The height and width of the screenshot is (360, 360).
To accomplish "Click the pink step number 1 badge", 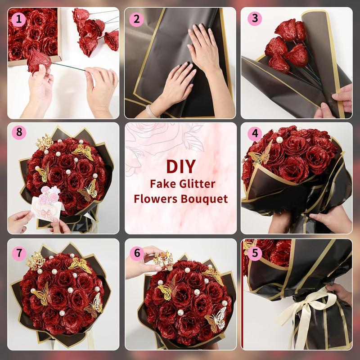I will (18, 18).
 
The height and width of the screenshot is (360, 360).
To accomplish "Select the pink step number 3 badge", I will (255, 18).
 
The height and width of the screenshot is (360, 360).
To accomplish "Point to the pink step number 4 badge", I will (255, 134).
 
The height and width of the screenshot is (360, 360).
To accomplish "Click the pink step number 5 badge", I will (255, 253).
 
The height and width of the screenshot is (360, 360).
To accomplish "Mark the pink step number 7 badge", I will (18, 253).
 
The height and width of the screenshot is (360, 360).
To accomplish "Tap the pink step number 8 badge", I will (18, 134).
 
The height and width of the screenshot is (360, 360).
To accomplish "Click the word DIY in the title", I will (180, 166).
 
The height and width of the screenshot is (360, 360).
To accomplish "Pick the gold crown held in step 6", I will (162, 259).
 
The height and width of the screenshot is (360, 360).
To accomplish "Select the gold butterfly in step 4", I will (261, 155).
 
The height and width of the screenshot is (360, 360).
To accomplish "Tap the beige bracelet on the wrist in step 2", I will (152, 110).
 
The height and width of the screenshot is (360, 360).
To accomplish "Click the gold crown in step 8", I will (44, 142).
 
